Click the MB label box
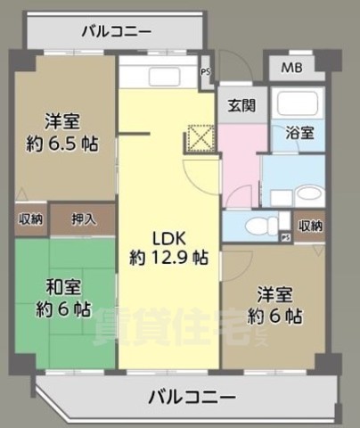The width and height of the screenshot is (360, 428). point(291,69)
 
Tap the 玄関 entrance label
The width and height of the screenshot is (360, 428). point(241,105)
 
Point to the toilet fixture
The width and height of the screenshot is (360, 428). point(261,226)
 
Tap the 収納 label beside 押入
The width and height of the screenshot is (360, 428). point(29,218)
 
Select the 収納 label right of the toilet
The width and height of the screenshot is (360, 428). point(310,226)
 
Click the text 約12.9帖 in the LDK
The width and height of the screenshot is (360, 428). point(169,259)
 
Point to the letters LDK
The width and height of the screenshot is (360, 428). point(168,239)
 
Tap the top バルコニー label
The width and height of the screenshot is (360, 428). point(116,33)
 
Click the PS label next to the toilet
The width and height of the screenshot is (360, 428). point(285,237)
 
